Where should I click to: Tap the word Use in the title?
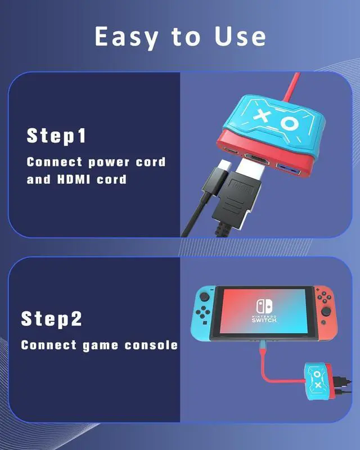point(240,37)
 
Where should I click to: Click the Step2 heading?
point(52,319)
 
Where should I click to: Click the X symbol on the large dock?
point(262,115)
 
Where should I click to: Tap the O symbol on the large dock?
point(290,122)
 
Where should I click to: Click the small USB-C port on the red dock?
point(232,151)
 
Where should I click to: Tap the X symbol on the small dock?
point(317,385)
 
